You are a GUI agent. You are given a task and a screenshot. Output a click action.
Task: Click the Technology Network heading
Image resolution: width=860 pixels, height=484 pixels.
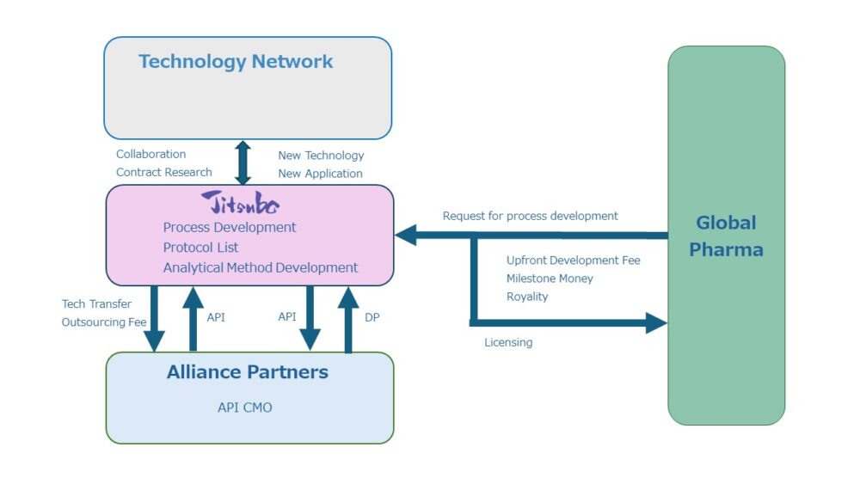pos(236,62)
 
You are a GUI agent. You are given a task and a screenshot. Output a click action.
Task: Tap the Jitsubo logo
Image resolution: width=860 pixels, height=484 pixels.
pos(241,204)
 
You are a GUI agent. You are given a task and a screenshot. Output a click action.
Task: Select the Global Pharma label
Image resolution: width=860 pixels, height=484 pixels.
pos(726,236)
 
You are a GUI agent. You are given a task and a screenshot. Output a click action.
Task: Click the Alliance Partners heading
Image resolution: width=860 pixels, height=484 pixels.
pos(248,372)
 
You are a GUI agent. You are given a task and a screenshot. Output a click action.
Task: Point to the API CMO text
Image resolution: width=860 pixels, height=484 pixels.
pos(244,407)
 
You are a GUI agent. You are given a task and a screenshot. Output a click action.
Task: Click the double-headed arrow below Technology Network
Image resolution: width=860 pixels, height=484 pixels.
pos(243,162)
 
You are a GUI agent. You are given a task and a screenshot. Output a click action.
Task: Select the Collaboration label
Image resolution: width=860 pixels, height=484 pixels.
pos(150,154)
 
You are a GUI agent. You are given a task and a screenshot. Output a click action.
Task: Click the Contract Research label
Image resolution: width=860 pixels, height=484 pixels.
pos(163,172)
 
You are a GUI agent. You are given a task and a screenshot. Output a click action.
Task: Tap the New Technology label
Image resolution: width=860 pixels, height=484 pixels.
pos(321,156)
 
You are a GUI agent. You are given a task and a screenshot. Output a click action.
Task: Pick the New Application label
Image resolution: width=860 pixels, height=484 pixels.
pos(320,174)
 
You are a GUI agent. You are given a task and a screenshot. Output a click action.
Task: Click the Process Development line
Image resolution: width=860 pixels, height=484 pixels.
pos(230,228)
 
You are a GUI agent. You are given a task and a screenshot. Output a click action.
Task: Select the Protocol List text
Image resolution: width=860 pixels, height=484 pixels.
pos(200,248)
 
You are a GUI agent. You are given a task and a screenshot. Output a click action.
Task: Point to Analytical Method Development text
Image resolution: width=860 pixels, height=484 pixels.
pos(261,267)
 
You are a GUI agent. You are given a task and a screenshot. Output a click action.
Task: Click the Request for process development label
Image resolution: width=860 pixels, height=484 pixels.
pos(530,216)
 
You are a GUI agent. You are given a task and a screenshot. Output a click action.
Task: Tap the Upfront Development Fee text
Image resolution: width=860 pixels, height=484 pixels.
pos(573,260)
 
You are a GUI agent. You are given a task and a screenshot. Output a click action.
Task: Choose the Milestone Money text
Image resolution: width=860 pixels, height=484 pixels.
pos(550,278)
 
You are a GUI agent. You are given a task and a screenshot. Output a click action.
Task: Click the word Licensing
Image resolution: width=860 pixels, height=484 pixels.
pos(508,342)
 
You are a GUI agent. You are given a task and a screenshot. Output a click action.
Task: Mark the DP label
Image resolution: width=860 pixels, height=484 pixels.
pos(372,317)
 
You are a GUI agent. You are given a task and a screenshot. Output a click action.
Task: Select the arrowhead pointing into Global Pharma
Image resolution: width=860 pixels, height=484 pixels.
pos(657,323)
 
